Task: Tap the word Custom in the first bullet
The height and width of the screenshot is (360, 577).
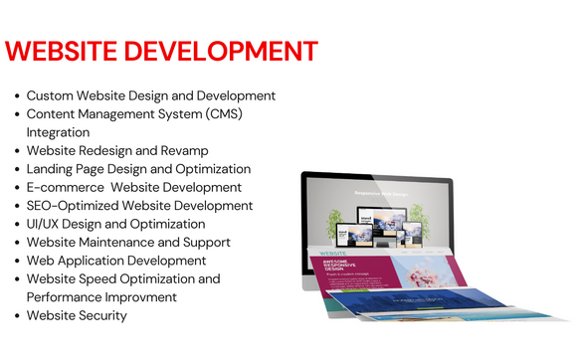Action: click(51, 96)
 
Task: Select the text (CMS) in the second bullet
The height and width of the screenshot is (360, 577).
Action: click(223, 114)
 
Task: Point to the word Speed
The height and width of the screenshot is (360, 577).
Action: click(109, 278)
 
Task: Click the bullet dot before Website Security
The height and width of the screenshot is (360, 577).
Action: click(18, 316)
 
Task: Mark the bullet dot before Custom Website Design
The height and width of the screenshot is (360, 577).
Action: click(18, 96)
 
